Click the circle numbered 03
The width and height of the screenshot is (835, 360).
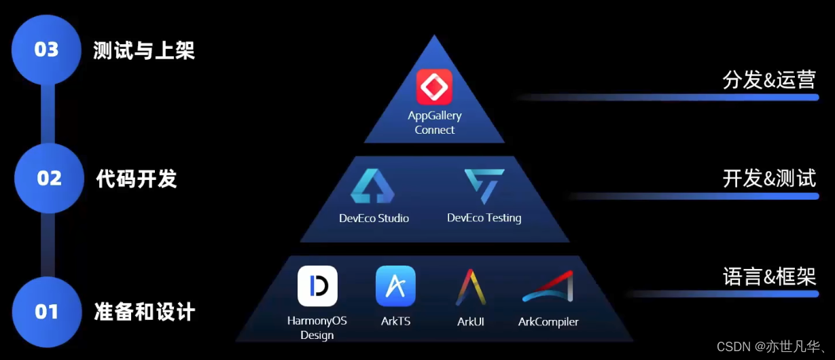(x=46, y=50)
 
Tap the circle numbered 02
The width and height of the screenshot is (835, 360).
(x=49, y=178)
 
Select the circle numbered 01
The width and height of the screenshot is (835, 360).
(x=46, y=311)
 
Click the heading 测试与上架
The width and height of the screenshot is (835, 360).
(x=144, y=50)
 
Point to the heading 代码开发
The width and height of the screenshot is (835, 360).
(x=137, y=179)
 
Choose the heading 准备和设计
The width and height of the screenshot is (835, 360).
(x=144, y=312)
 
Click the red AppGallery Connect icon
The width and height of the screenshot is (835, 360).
(x=434, y=87)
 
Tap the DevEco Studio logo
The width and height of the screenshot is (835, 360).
(x=372, y=186)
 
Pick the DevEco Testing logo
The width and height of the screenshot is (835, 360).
(x=484, y=186)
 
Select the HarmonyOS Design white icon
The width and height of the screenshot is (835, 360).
(x=317, y=286)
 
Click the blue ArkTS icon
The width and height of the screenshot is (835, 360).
(x=395, y=286)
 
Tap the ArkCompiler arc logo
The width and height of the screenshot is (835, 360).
(x=548, y=287)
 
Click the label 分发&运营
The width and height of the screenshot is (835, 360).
(x=769, y=79)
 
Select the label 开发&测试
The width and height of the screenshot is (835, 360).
(x=769, y=179)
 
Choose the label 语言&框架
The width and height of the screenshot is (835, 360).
(x=769, y=277)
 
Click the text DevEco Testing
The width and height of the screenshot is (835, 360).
(x=484, y=218)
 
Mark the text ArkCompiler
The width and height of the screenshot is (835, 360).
(x=548, y=321)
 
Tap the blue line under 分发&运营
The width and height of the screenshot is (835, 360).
(x=679, y=97)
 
